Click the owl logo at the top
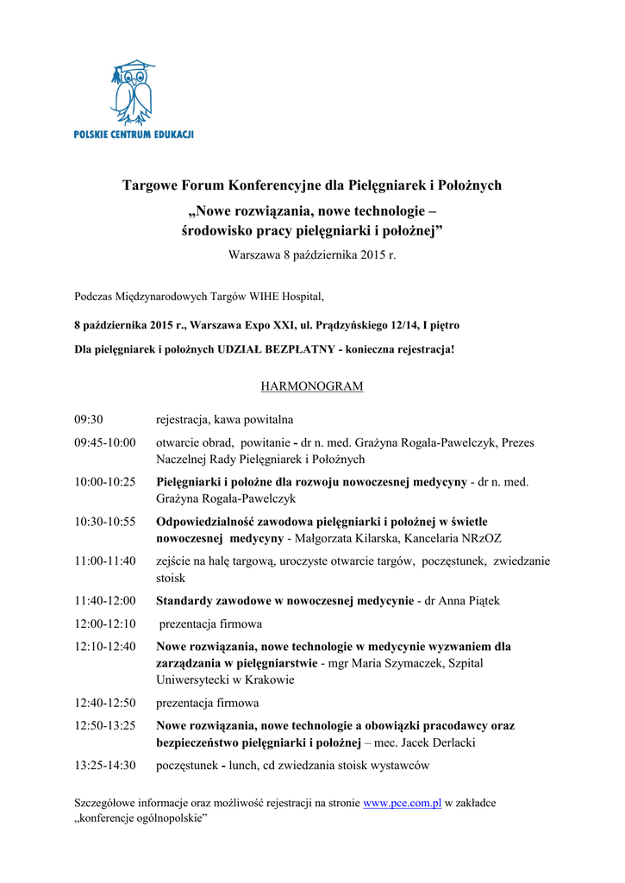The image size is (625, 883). coord(133,92)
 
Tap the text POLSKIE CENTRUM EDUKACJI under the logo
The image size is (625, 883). coord(134,135)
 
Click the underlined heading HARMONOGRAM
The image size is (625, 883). coord(311,386)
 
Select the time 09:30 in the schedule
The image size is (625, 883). coord(89,420)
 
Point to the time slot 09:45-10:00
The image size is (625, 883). coord(105,442)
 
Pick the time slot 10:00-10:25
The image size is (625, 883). coord(105,482)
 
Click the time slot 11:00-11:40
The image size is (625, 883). coord(105,561)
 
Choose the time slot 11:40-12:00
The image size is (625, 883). coord(105,601)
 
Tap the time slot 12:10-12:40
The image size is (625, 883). coord(105,646)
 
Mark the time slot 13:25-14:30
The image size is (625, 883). coord(105,765)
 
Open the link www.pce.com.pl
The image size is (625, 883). coord(402,803)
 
